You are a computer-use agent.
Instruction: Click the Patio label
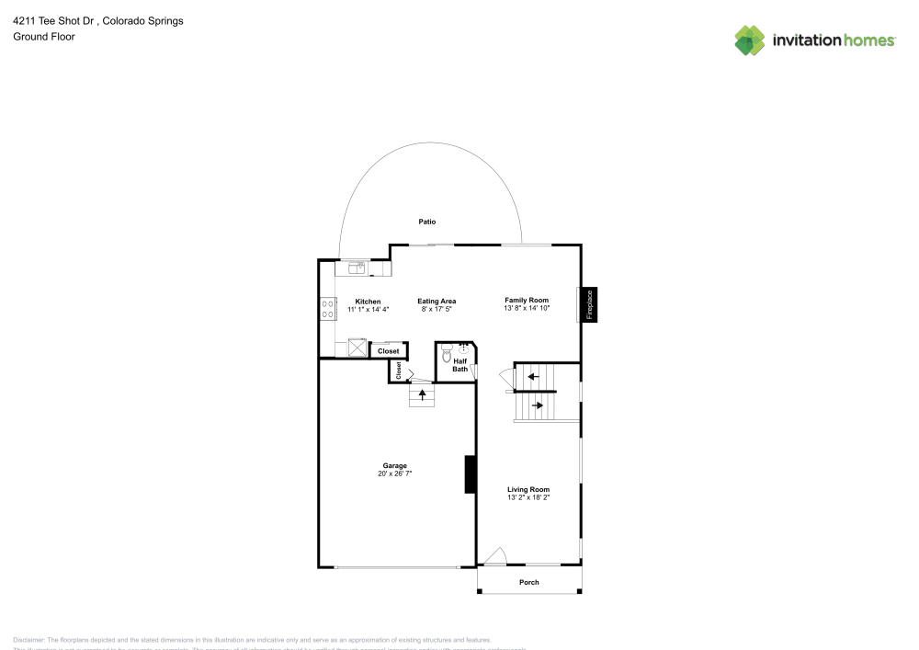coord(426,222)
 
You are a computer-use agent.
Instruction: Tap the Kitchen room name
coord(368,302)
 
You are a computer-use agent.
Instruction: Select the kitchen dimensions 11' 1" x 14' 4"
coord(368,310)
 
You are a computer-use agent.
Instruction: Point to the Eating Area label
coord(437,302)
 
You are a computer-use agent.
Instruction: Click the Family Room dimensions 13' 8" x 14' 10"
coord(527,309)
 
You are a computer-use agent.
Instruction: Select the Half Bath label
coord(459,365)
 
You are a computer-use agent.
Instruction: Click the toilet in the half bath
coord(447,354)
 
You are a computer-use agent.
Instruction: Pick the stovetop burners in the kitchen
coord(327,309)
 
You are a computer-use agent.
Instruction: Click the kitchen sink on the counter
coord(357,268)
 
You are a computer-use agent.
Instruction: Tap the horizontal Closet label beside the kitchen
coord(388,351)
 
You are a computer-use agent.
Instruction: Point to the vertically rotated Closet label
coord(398,370)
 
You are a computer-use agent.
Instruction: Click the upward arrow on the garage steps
coord(422,394)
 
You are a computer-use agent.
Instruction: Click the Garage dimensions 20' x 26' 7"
coord(395,473)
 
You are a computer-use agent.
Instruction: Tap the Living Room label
coord(528,489)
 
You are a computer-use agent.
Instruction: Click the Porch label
coord(529,582)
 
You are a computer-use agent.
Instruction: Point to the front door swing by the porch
coord(494,555)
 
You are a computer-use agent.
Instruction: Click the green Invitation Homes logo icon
coord(749,40)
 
